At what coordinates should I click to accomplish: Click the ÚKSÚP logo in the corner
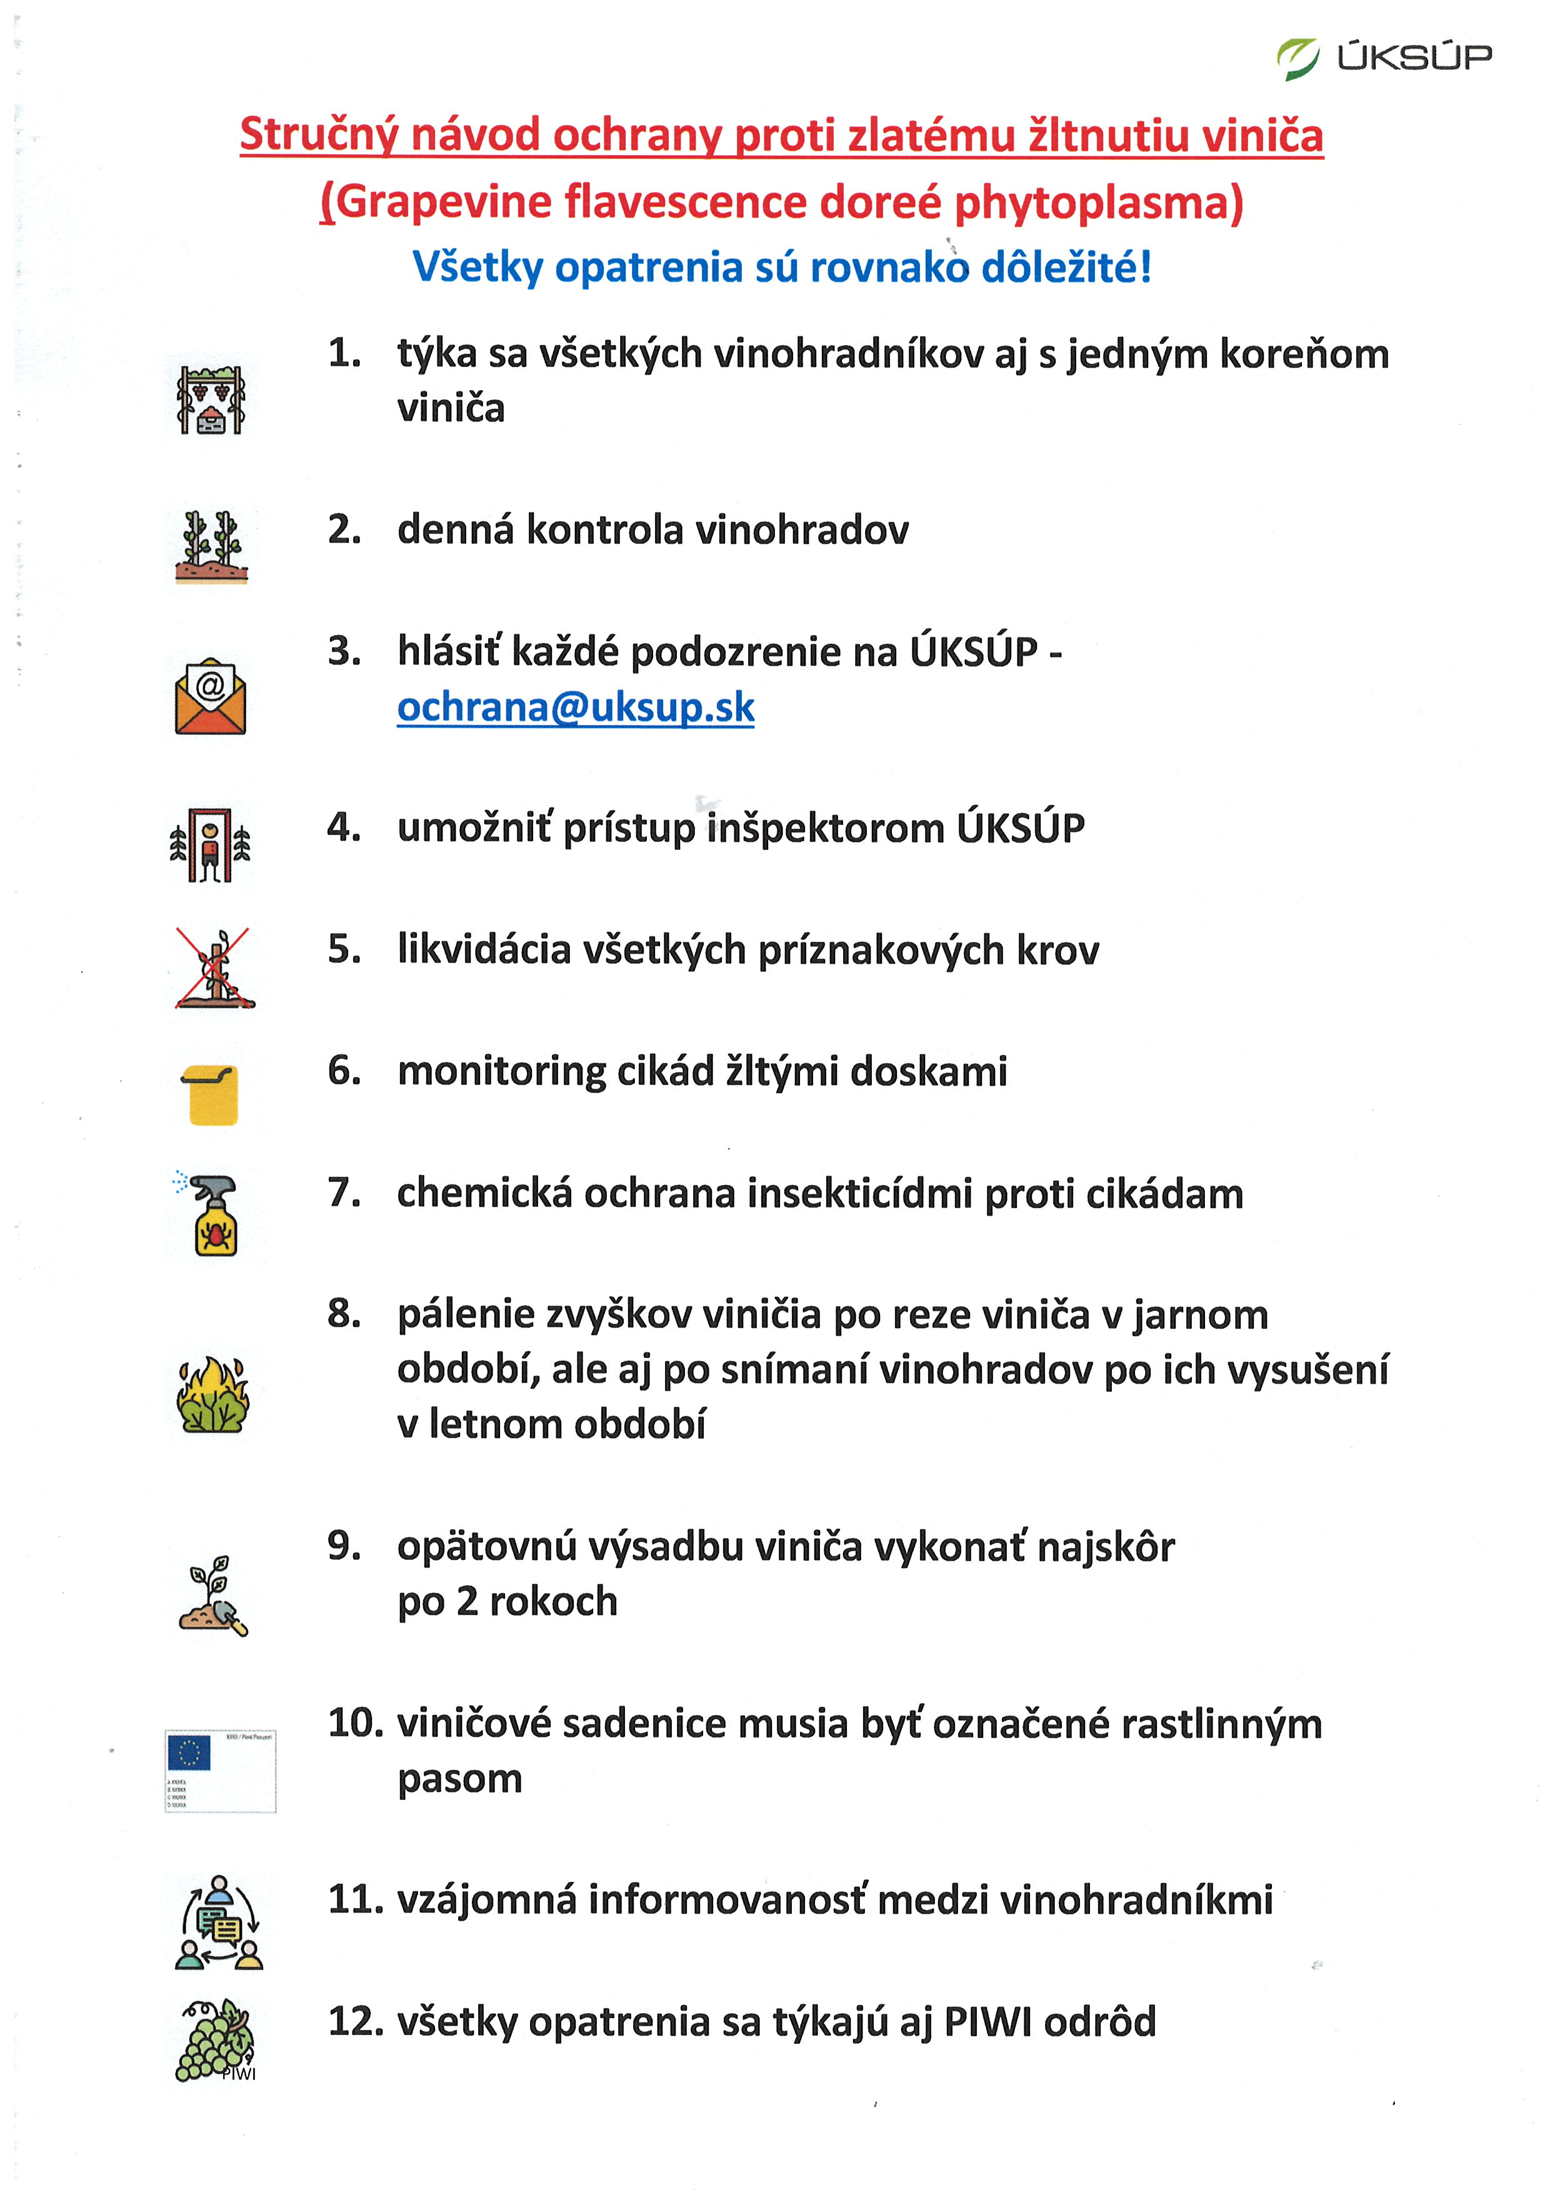pos(1383,58)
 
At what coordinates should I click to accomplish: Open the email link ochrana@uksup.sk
pos(576,707)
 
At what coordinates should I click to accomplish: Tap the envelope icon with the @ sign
pos(210,697)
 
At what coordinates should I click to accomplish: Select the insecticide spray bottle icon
pos(212,1214)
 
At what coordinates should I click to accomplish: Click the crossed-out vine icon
pos(214,969)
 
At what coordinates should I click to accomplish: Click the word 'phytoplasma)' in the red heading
pos(1099,203)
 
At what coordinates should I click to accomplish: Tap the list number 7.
pos(344,1192)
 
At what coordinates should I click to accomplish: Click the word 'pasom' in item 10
pos(460,1779)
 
